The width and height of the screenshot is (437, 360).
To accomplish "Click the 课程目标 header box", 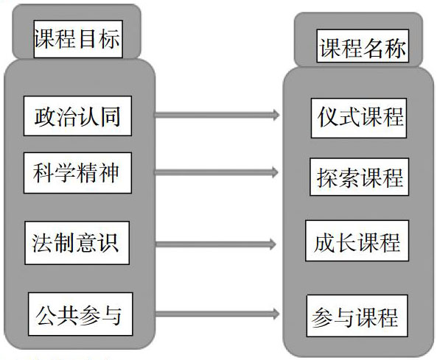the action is click(x=78, y=39).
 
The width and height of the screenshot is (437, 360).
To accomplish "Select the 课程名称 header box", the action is click(x=363, y=46).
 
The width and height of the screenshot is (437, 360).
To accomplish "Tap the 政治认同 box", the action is click(x=77, y=116).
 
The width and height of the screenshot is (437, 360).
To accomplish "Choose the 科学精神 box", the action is click(x=77, y=173).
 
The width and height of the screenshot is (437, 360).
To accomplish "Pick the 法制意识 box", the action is click(x=77, y=243).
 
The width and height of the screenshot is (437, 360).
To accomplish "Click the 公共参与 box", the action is click(x=80, y=314).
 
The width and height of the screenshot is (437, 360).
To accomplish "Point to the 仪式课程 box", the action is click(x=359, y=118).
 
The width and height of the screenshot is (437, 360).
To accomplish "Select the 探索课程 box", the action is click(x=360, y=177).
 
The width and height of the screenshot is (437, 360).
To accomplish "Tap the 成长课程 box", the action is click(x=357, y=241).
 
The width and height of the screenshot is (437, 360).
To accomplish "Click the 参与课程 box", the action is click(x=357, y=316).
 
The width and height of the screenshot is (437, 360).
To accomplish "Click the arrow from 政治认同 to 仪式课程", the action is click(x=217, y=115).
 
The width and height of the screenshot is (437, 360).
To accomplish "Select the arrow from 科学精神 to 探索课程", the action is click(x=217, y=172).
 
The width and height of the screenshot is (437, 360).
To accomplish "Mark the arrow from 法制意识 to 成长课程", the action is click(x=216, y=244).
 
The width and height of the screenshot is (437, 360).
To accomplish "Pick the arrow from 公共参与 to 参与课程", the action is click(x=217, y=314).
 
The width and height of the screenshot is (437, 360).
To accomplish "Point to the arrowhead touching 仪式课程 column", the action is click(x=276, y=115).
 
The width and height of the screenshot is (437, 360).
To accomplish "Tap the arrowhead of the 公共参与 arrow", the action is click(x=276, y=314).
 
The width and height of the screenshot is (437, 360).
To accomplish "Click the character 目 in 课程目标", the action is click(x=87, y=39).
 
